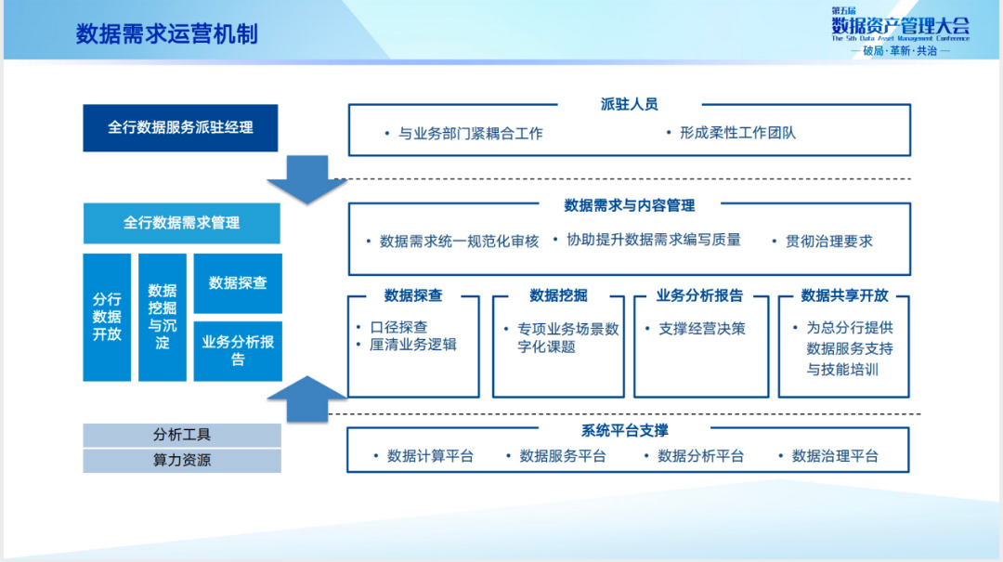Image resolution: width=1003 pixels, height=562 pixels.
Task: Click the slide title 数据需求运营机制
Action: pyautogui.click(x=167, y=34)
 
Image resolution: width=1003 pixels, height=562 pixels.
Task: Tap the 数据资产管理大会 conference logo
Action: pyautogui.click(x=899, y=32)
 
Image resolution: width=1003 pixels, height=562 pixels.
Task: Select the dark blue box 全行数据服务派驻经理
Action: pyautogui.click(x=180, y=127)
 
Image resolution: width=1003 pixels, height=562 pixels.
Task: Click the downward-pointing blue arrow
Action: pyautogui.click(x=306, y=179)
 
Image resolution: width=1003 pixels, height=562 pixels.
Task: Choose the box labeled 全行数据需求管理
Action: pyautogui.click(x=181, y=223)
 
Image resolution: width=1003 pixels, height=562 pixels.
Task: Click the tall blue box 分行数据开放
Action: pyautogui.click(x=107, y=317)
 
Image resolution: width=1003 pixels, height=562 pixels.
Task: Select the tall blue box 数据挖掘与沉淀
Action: pyautogui.click(x=163, y=317)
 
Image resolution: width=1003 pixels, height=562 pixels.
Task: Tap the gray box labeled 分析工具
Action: pyautogui.click(x=182, y=435)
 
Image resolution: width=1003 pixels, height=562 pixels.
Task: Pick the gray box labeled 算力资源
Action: pyautogui.click(x=182, y=461)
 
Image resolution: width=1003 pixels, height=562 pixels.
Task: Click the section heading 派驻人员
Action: pyautogui.click(x=629, y=105)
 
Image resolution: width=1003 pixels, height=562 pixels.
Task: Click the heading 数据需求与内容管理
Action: pyautogui.click(x=629, y=205)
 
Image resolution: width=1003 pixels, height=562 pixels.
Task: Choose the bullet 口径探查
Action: pyautogui.click(x=398, y=327)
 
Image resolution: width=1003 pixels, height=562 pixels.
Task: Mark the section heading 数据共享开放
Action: pyautogui.click(x=844, y=295)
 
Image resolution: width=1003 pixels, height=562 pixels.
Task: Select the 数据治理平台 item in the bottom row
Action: pyautogui.click(x=834, y=456)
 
